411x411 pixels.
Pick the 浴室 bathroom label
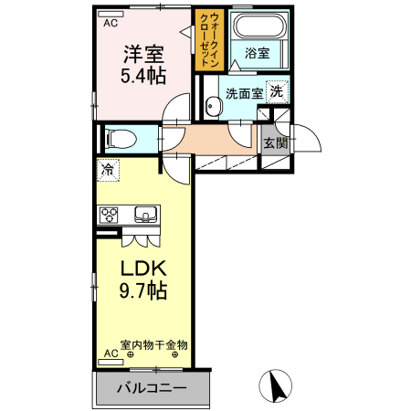pyautogui.click(x=257, y=54)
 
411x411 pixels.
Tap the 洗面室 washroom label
pyautogui.click(x=244, y=92)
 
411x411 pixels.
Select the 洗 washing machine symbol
pyautogui.click(x=275, y=90)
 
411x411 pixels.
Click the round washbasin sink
pyautogui.click(x=214, y=108)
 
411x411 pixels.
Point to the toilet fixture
pyautogui.click(x=118, y=139)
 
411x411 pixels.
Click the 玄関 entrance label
pyautogui.click(x=275, y=142)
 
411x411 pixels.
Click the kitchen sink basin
pyautogui.click(x=145, y=216)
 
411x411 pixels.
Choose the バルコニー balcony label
pyautogui.click(x=152, y=387)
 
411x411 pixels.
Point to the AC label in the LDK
pyautogui.click(x=110, y=353)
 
